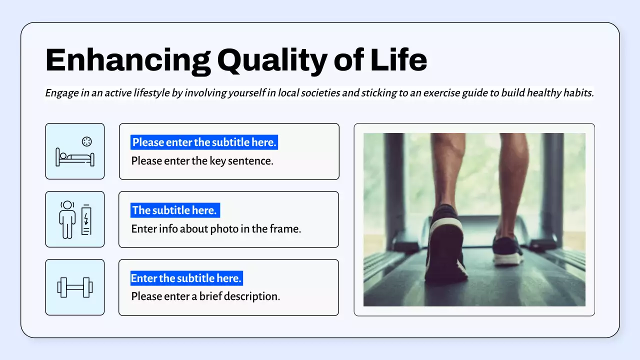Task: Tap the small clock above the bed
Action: coord(87,141)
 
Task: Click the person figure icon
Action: coord(67,220)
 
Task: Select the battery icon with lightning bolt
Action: coord(86,220)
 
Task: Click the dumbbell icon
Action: coord(75,287)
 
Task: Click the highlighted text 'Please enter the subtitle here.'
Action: coord(204,142)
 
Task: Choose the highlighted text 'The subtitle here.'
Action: coord(174,210)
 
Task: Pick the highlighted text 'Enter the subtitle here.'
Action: coord(186,278)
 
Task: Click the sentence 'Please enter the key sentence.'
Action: coord(202,161)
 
